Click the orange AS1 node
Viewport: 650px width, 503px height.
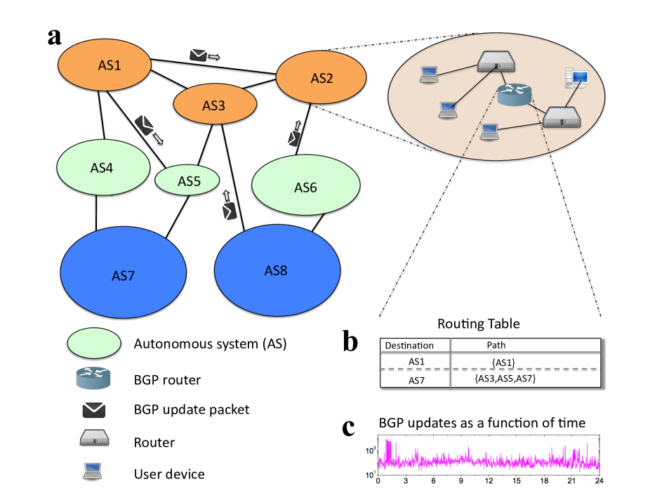coord(105,66)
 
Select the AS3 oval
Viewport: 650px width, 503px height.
coord(213,105)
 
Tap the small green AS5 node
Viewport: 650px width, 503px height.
coord(188,181)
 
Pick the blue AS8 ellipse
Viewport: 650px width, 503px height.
coord(277,270)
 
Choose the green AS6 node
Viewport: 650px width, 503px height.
coord(305,187)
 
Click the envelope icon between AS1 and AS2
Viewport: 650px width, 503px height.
coord(199,55)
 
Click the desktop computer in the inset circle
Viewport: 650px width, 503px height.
coord(571,78)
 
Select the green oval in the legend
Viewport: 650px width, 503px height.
coord(94,344)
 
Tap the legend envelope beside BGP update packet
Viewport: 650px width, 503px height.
coord(93,410)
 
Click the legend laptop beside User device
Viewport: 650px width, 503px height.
coord(93,472)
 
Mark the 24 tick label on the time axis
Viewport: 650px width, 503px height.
coord(598,481)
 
